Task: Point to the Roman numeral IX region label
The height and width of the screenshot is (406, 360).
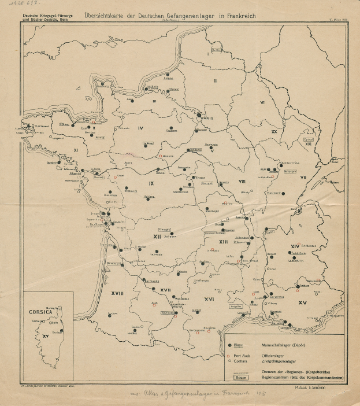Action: pyautogui.click(x=151, y=184)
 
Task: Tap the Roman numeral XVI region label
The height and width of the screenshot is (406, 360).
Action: pyautogui.click(x=210, y=299)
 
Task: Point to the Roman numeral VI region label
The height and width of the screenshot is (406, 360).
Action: pyautogui.click(x=262, y=102)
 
